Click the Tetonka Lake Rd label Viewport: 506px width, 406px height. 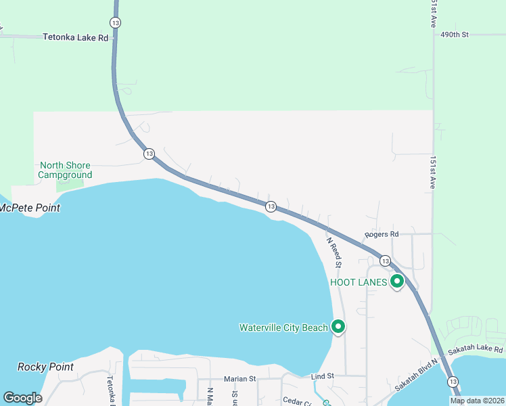pos(75,38)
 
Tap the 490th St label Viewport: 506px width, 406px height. pos(454,34)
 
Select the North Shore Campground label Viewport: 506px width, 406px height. pos(65,170)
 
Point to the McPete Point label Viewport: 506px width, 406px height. pos(30,208)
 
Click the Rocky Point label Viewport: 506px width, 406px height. pos(45,367)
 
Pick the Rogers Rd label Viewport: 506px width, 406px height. pos(382,234)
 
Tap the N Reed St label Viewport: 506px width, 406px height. pos(333,250)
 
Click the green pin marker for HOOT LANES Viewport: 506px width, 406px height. pos(397,281)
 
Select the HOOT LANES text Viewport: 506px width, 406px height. pos(358,282)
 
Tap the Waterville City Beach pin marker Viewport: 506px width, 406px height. pos(338,327)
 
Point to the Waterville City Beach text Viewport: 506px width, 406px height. pos(283,328)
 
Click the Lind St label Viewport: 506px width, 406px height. pos(323,376)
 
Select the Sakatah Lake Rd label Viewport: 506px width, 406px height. pos(476,350)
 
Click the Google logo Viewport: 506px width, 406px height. pos(22,398)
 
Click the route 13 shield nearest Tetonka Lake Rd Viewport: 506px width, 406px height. pos(116,23)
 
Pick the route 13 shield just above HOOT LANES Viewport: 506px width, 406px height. pos(384,261)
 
